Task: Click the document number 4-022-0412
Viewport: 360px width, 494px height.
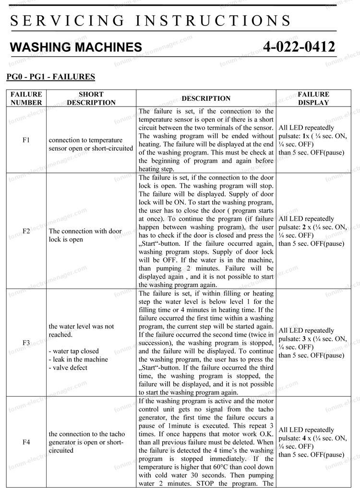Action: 299,47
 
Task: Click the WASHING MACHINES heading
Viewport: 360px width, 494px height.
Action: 76,47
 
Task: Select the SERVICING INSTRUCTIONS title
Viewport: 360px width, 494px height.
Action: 150,21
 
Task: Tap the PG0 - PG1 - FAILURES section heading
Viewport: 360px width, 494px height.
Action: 50,76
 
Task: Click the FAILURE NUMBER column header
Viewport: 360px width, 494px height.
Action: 26,98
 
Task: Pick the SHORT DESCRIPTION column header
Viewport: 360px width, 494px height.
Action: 91,98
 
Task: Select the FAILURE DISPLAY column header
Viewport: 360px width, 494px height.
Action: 313,98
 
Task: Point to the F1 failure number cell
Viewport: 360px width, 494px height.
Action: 26,140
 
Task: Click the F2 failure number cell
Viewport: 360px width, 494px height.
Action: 26,231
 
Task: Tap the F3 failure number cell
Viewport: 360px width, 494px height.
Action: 26,343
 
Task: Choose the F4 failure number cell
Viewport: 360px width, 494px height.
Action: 26,442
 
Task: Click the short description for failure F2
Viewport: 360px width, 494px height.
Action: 85,235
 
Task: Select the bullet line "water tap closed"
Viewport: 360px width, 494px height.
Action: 73,351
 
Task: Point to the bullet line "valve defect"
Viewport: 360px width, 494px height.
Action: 68,368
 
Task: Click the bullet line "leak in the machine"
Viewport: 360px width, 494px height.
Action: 78,359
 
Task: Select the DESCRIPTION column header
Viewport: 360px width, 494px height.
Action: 206,98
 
